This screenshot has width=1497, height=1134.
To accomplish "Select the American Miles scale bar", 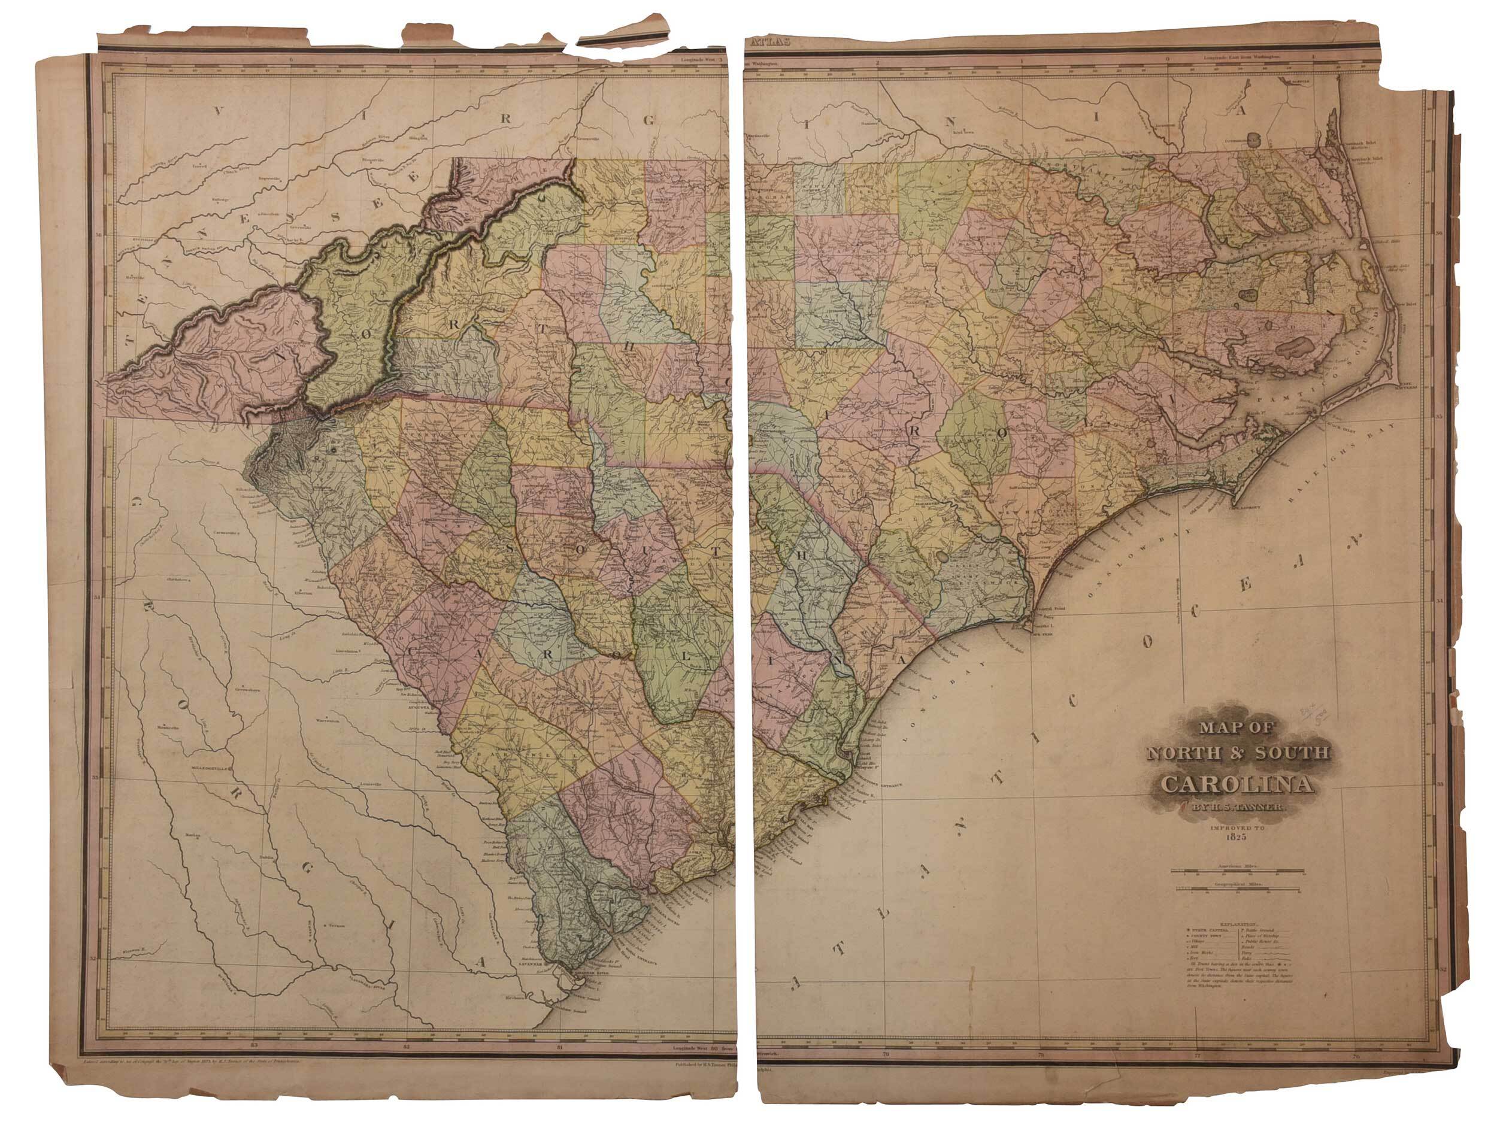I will [1237, 871].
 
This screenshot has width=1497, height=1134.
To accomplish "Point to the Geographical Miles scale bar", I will [1237, 889].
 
